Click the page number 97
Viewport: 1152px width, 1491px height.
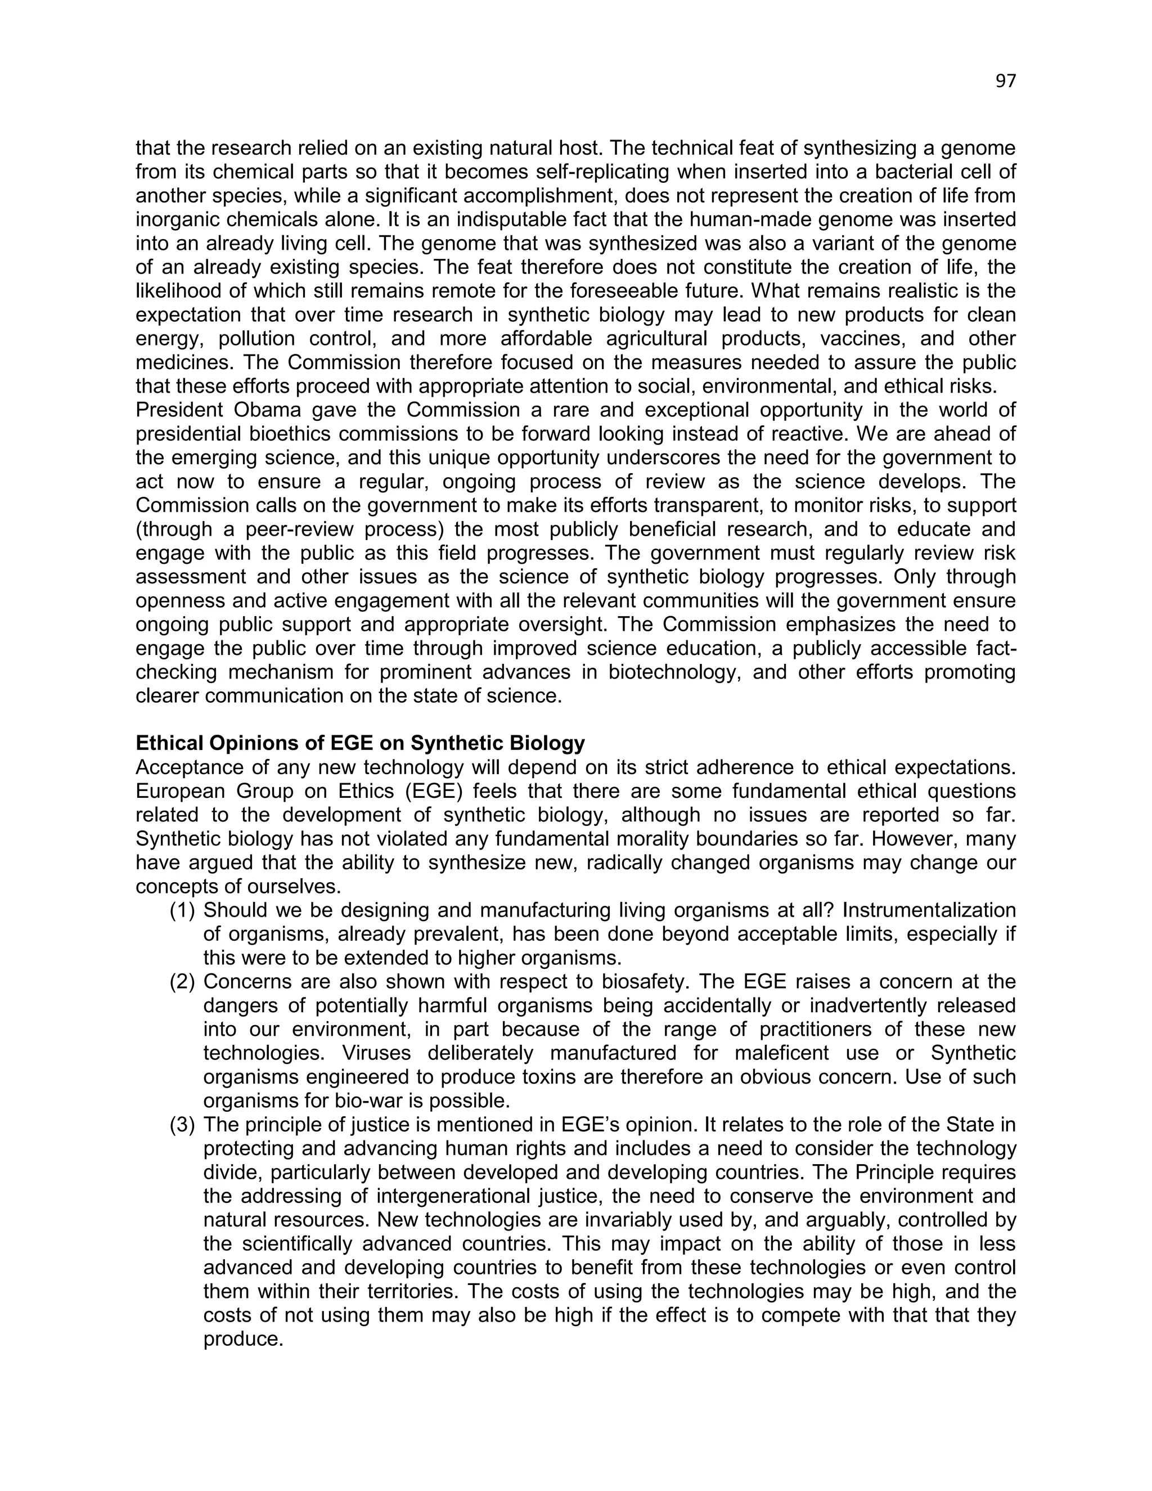click(1005, 81)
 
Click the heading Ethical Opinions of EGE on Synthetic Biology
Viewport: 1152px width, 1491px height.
click(361, 743)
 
